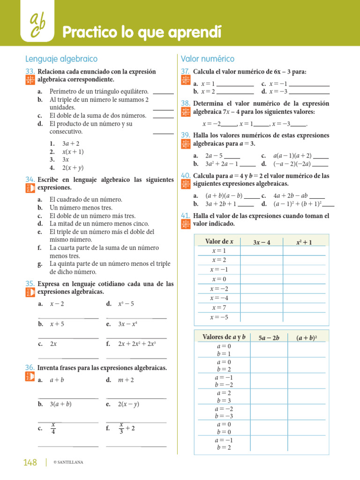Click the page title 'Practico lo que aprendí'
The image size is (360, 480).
(142, 32)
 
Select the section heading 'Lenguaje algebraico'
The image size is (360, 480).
(61, 59)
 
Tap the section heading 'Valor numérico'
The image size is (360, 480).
(208, 59)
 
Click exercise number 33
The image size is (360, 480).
(30, 72)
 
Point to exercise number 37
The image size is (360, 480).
(185, 72)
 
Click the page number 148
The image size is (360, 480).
(30, 463)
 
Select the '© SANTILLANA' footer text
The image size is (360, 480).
(68, 463)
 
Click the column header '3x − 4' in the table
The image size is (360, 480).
(261, 242)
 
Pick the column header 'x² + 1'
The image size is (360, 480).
(304, 242)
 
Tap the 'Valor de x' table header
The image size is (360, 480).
(219, 242)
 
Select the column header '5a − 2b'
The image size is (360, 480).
(269, 337)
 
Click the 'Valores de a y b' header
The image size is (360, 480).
(224, 337)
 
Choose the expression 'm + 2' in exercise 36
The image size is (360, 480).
(126, 380)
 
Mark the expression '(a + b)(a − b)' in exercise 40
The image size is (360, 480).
(224, 196)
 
